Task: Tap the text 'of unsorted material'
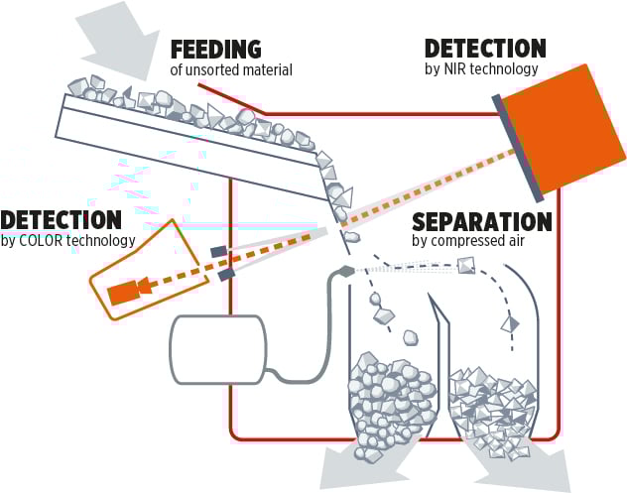[232, 70]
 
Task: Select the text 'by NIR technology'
[480, 69]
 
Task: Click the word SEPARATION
[481, 221]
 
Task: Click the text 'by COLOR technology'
[67, 240]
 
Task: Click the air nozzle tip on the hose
[344, 270]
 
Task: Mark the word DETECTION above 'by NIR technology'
[484, 48]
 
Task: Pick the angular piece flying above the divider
[464, 265]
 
